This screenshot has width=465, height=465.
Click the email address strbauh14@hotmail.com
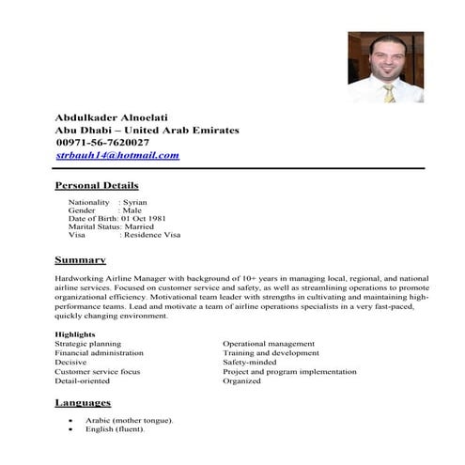click(117, 155)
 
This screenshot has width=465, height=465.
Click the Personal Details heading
click(97, 185)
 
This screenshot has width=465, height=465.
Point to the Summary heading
click(80, 259)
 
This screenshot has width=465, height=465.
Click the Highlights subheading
click(75, 334)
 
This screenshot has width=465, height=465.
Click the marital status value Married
click(146, 226)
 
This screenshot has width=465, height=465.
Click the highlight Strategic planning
click(87, 344)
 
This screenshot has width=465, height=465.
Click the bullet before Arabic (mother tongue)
click(72, 420)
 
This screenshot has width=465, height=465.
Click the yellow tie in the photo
click(390, 92)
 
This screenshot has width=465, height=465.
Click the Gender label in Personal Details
click(83, 210)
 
